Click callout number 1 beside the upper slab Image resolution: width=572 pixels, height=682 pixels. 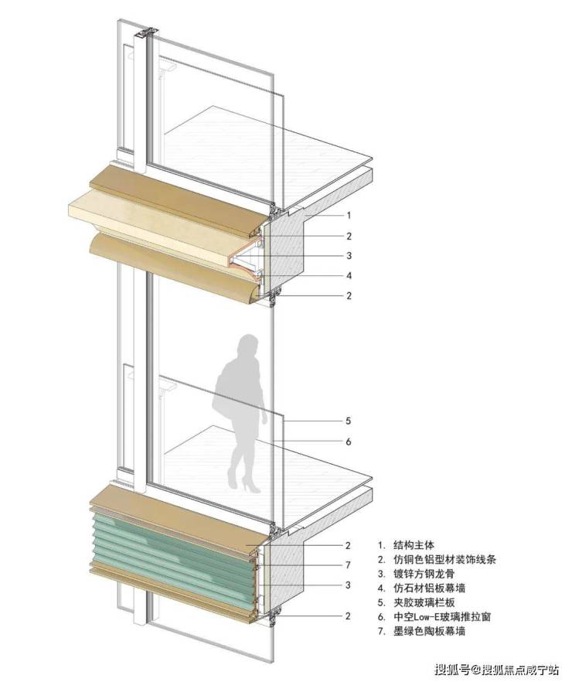(x=348, y=215)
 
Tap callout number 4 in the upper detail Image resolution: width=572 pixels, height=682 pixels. (x=349, y=275)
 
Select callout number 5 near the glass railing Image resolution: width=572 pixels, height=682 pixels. (x=348, y=421)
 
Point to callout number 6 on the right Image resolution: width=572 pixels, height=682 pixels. (x=348, y=442)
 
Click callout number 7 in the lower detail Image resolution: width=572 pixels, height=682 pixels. (x=348, y=564)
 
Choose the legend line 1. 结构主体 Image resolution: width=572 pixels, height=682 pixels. (x=406, y=544)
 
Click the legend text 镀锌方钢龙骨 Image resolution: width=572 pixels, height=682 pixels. (x=424, y=573)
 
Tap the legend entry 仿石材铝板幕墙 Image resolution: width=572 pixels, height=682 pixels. (x=429, y=588)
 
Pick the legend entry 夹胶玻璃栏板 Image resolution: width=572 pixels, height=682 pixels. (x=424, y=602)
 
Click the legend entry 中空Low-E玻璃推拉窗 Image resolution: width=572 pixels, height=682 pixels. (x=442, y=616)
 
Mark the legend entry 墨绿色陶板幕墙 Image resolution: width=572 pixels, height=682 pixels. (x=429, y=631)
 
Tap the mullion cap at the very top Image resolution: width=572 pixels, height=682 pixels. (x=146, y=32)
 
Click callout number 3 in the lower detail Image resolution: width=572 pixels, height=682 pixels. (x=348, y=585)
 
